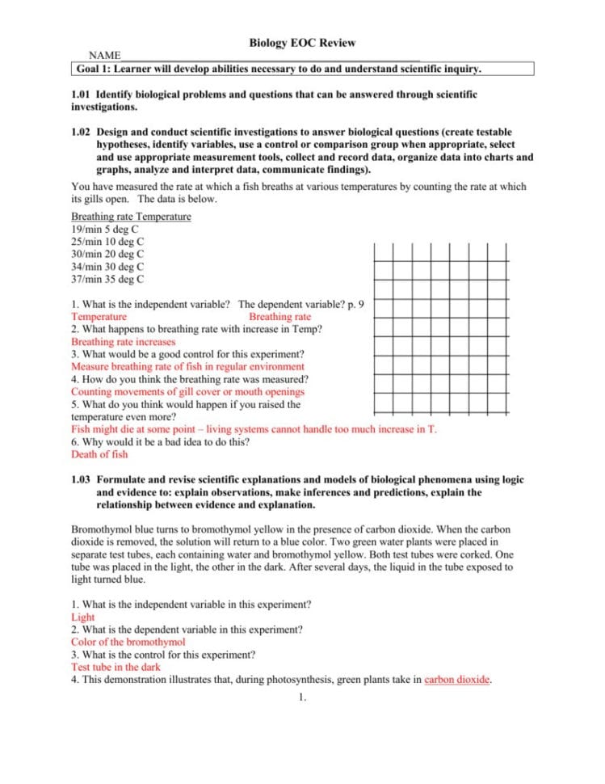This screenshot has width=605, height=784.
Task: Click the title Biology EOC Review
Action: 302,43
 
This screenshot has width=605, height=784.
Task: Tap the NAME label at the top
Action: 104,55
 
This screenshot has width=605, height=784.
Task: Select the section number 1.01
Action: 82,95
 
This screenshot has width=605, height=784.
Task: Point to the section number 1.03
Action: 82,479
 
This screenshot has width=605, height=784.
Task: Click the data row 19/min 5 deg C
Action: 106,230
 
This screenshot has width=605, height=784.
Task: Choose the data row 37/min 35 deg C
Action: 108,280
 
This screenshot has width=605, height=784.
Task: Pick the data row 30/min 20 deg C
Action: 108,255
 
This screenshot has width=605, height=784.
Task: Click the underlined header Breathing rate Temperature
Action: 131,217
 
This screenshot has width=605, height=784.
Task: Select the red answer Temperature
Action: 99,317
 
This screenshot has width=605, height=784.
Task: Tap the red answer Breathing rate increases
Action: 123,342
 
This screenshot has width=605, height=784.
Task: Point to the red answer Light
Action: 82,618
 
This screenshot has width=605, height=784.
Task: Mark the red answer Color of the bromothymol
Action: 128,643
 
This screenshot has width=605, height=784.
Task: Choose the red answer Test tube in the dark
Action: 116,668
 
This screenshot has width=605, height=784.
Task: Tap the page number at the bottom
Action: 301,698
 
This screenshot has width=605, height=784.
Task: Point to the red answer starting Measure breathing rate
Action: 187,367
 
